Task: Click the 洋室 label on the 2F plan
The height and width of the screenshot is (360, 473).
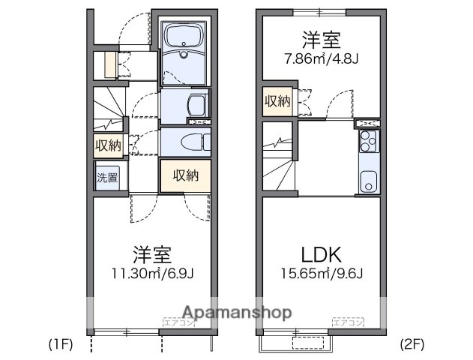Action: [x=319, y=37]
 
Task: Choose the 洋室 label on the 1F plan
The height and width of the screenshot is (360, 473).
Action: [x=148, y=253]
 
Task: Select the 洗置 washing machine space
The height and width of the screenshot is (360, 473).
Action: [x=106, y=179]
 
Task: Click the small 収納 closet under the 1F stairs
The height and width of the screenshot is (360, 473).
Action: [x=107, y=145]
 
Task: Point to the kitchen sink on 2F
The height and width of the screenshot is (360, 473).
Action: [x=368, y=181]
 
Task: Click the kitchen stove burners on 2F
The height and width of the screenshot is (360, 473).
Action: [x=368, y=139]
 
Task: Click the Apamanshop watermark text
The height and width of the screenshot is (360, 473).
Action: [x=238, y=312]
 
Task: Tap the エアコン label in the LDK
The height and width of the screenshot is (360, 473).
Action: [x=347, y=323]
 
